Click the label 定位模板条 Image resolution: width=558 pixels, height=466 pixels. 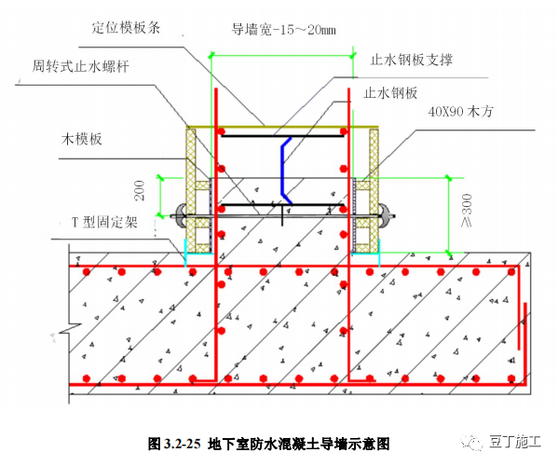tap(126, 28)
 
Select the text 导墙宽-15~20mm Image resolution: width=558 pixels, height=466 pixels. tap(283, 30)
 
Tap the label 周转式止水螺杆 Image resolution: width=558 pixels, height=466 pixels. tap(80, 66)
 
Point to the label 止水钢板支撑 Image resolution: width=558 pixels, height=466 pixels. tap(411, 60)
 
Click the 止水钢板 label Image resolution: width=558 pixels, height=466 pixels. tap(390, 93)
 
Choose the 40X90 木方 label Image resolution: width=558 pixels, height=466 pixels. tap(460, 112)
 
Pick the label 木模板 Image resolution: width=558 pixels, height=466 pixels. tap(82, 139)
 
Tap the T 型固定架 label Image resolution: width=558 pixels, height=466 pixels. tap(104, 223)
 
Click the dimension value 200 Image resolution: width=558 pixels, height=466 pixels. tap(140, 191)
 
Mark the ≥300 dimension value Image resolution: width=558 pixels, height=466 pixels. tap(466, 211)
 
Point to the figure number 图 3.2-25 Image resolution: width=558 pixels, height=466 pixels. tap(174, 444)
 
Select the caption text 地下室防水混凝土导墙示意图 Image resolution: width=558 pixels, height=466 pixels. tap(299, 444)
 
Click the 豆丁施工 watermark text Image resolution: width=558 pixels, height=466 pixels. tap(515, 442)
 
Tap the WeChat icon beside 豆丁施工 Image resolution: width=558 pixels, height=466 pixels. tap(471, 442)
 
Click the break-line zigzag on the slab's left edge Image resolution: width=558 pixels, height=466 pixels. tap(71, 329)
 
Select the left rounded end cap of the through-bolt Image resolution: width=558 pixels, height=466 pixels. tap(181, 214)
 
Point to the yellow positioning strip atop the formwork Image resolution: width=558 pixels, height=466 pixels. tap(282, 127)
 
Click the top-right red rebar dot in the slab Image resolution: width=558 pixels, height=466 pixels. tap(511, 272)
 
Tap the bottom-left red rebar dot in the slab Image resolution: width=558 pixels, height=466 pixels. tap(87, 378)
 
